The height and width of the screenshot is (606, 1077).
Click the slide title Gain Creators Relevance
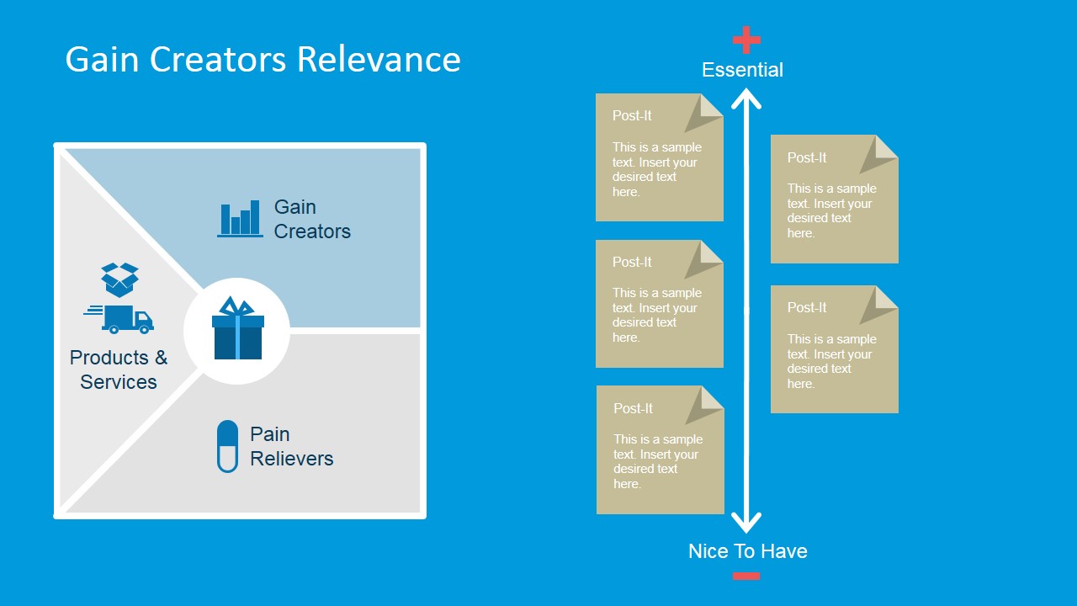[x=263, y=60]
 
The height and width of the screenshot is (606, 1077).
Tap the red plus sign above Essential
[x=746, y=40]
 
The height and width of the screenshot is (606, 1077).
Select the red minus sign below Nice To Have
[x=746, y=576]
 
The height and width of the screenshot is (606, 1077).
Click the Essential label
[x=742, y=70]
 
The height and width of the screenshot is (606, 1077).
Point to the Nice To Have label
[x=747, y=551]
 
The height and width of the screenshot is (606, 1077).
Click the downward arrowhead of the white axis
[x=746, y=523]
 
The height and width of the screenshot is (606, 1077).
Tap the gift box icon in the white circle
[x=237, y=329]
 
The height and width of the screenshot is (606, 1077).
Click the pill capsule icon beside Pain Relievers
[x=227, y=446]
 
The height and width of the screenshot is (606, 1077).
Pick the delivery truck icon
[x=122, y=319]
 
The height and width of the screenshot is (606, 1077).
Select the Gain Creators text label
[x=311, y=219]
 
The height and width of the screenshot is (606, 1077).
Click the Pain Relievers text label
[x=291, y=446]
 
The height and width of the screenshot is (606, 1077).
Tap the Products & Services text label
[x=119, y=369]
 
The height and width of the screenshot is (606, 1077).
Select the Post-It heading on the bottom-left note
[x=633, y=408]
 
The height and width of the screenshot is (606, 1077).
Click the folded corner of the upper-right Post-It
[x=881, y=152]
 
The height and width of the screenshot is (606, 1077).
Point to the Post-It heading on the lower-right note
[x=807, y=307]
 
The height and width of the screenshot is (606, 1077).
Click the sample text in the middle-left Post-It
[x=656, y=316]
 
